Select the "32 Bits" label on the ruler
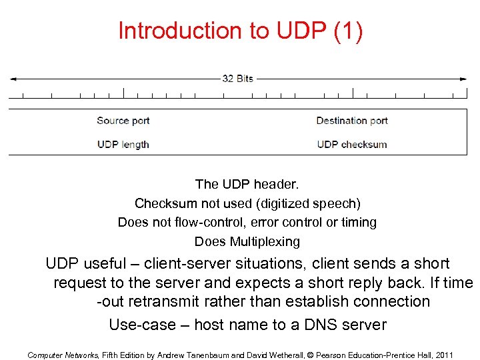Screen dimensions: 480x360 237,79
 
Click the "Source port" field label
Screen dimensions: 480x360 123,121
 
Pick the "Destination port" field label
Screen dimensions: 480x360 352,121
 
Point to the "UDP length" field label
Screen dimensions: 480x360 123,144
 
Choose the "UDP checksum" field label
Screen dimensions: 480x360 352,144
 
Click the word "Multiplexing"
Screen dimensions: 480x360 265,241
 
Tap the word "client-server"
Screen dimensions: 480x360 191,264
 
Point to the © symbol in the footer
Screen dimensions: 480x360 309,355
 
